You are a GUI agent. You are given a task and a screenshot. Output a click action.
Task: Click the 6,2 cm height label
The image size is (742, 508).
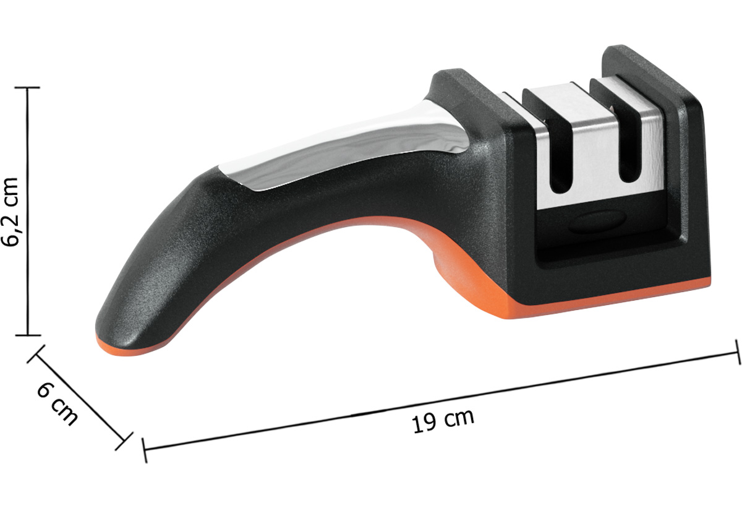tap(11, 212)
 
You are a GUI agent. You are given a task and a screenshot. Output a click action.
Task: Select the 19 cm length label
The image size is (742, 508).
tap(443, 421)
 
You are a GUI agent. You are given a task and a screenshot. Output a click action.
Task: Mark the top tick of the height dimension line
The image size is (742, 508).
tap(27, 88)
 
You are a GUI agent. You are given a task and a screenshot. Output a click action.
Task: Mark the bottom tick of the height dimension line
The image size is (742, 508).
tap(28, 335)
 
